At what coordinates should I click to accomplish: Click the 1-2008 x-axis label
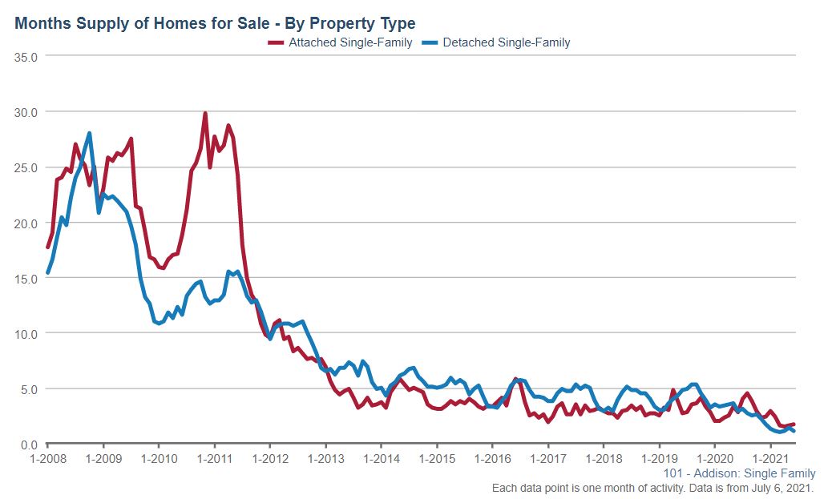(x=47, y=460)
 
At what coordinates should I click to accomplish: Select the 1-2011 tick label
(x=214, y=460)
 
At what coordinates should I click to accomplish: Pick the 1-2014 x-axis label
(x=381, y=460)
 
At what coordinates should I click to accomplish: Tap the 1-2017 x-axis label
(x=547, y=460)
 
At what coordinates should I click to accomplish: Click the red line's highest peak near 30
(x=205, y=113)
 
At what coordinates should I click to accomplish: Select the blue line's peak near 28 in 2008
(x=90, y=133)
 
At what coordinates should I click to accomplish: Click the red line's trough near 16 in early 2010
(x=163, y=268)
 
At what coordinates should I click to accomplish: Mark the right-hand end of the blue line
(x=794, y=431)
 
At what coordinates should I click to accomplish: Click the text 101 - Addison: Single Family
(x=739, y=473)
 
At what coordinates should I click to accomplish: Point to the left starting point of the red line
(x=48, y=247)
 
